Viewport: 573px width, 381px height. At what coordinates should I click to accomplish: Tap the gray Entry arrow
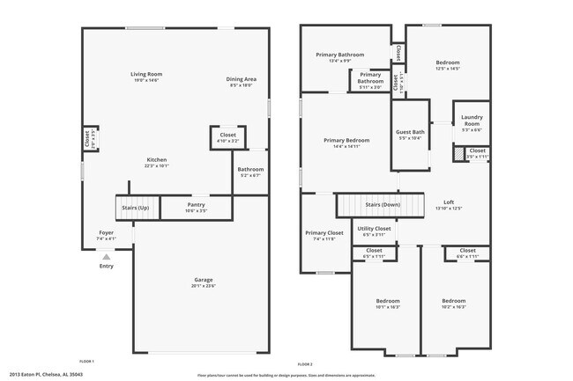click(x=106, y=257)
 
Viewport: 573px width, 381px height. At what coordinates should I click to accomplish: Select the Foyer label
click(x=106, y=235)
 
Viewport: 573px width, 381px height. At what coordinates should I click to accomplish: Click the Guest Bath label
click(x=411, y=135)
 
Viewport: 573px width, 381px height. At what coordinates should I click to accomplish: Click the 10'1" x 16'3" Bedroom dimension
click(x=388, y=307)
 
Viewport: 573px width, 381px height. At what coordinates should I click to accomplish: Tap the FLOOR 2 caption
click(x=305, y=363)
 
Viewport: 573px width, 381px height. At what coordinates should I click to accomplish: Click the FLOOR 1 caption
click(x=86, y=361)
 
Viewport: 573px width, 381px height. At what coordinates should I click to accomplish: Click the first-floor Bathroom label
click(x=250, y=172)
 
